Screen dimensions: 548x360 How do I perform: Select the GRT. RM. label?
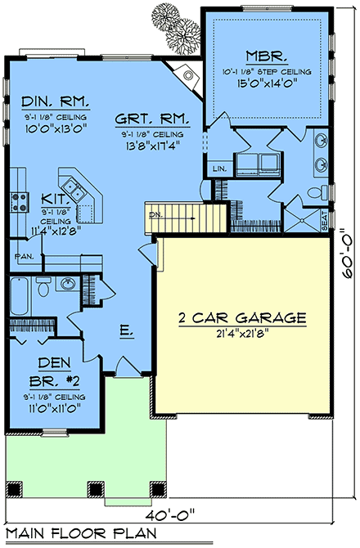152,118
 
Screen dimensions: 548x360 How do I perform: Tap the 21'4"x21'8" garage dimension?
243,333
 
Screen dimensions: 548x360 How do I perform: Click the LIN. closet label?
218,168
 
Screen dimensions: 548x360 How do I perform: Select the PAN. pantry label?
22,257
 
